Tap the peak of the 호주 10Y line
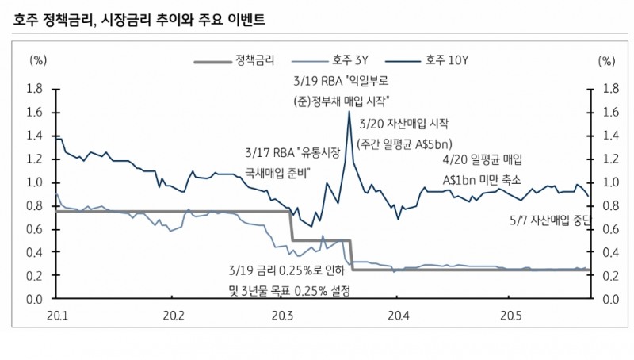[349, 112]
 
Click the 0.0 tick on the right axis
[609, 300]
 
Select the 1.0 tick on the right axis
[609, 182]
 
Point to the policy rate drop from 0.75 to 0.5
[292, 226]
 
